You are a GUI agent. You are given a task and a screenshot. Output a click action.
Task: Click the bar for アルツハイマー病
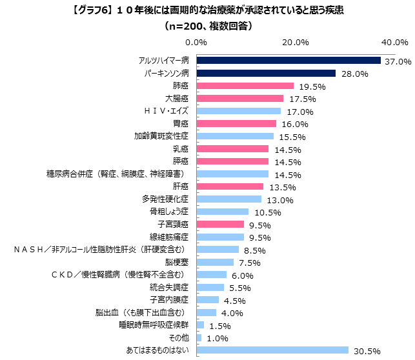[x=288, y=61]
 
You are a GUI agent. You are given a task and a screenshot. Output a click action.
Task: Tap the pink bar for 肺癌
[x=245, y=86]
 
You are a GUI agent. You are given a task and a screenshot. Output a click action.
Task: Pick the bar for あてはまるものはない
[x=272, y=350]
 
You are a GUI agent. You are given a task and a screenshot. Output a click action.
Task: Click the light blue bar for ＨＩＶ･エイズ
[x=239, y=111]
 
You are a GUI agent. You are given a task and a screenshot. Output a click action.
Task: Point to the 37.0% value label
[x=398, y=62]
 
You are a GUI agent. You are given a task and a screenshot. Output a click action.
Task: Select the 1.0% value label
[x=219, y=339]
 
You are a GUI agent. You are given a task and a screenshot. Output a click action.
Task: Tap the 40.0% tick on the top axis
[x=392, y=43]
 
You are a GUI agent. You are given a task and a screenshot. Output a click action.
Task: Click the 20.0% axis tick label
[x=296, y=43]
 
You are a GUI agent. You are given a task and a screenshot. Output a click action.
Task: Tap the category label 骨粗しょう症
[x=169, y=212]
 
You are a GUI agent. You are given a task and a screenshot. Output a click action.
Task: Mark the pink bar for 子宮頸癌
[x=221, y=225]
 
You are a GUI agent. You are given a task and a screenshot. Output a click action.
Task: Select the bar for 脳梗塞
[x=216, y=262]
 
